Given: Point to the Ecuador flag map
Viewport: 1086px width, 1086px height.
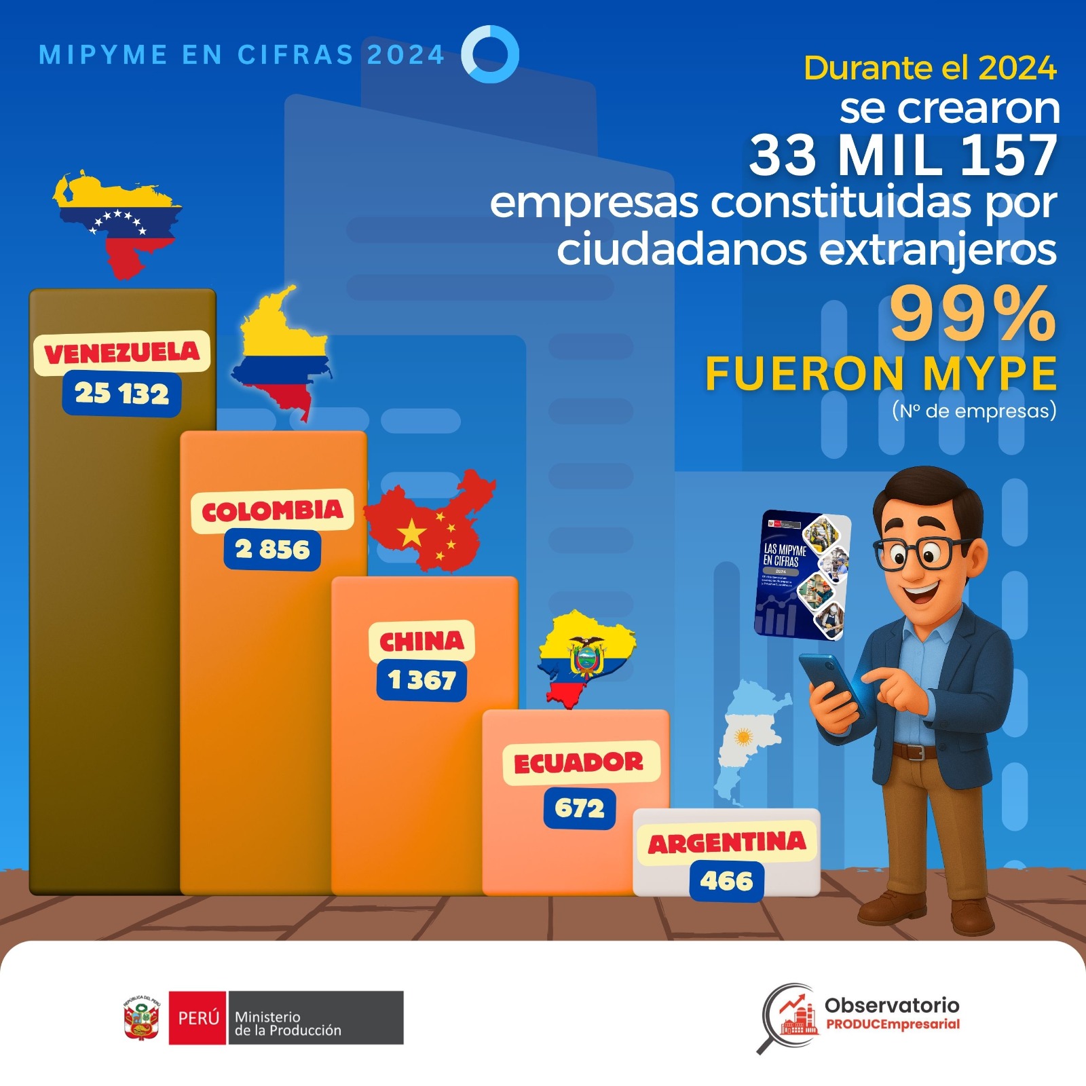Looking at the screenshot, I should click(584, 655).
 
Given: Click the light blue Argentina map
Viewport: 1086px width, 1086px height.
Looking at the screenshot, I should click(747, 740).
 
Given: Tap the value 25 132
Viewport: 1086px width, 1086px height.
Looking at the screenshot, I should click(121, 394).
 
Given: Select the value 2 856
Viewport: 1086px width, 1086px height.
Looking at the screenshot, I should click(272, 549).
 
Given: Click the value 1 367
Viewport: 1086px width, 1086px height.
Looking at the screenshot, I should click(422, 679).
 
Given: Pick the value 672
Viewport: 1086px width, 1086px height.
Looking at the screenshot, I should click(579, 808).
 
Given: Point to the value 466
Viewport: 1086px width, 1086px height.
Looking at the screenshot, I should click(726, 881).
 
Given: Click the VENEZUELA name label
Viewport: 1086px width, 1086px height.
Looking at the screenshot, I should click(121, 353).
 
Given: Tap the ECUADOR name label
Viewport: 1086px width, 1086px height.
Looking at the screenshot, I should click(579, 763).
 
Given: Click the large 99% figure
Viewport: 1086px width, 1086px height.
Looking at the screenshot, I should click(972, 314).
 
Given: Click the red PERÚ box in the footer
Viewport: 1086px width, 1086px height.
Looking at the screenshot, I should click(198, 1017).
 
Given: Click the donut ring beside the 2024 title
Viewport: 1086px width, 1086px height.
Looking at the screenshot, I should click(490, 54).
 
